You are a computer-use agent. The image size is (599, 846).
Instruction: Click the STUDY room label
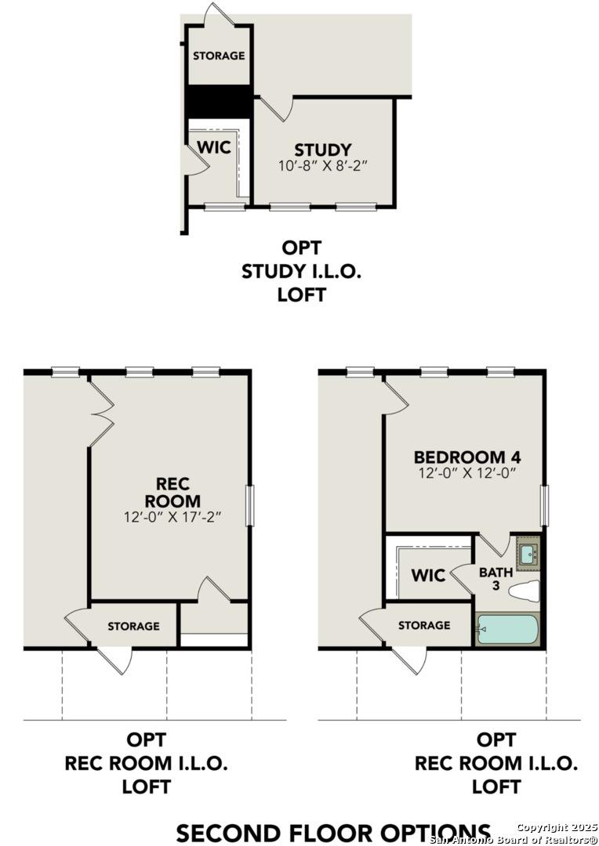322,150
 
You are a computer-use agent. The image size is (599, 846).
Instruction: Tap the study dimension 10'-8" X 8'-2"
322,166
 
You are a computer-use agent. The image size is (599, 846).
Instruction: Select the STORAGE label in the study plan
219,56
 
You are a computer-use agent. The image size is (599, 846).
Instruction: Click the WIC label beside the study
213,147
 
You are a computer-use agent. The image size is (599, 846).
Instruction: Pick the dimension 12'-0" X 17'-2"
172,518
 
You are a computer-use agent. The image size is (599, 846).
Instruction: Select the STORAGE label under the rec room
133,626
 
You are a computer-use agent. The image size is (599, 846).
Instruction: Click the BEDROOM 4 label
467,457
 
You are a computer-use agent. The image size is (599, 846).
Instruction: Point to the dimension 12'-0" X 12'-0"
467,473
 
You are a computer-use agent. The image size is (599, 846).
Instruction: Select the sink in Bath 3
528,554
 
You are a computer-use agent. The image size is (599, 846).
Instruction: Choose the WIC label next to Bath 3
428,576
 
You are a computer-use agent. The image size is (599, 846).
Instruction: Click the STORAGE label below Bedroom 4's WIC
424,625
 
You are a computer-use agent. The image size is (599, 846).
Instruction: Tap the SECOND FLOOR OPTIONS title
333,832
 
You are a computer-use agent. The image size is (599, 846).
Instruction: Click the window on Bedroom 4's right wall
545,505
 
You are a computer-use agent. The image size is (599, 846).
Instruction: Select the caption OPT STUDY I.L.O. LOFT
302,271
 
